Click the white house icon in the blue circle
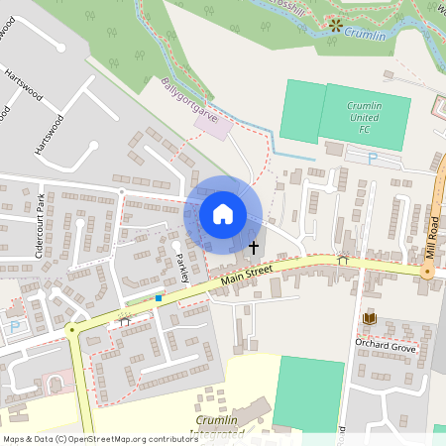tap(223, 214)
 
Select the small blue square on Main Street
tap(159, 296)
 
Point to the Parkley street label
tap(182, 266)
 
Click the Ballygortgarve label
tap(187, 100)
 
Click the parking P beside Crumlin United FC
tap(373, 158)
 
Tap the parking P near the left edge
tap(14, 326)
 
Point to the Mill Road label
tap(432, 241)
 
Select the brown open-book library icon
tap(370, 317)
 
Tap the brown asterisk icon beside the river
tap(336, 24)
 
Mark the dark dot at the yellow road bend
tap(71, 330)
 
